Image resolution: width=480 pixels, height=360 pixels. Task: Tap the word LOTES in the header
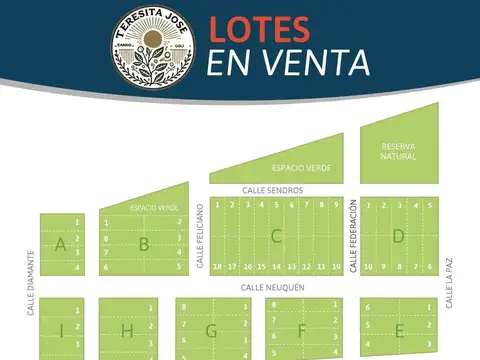[265, 30]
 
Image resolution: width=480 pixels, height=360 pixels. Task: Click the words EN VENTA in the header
[289, 62]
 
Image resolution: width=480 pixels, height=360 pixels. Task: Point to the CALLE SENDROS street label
[272, 189]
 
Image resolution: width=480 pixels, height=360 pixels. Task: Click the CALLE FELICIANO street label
[200, 236]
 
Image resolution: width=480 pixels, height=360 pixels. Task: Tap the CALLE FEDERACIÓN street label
[353, 236]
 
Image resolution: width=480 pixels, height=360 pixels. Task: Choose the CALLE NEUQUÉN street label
[272, 286]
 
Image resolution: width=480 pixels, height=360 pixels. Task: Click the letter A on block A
[61, 244]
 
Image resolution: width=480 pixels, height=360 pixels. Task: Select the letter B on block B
[144, 243]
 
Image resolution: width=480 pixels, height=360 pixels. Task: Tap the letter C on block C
[276, 236]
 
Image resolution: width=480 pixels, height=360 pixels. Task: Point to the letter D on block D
[397, 236]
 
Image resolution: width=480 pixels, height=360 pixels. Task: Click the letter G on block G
[211, 330]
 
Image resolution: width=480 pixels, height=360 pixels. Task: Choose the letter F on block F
[301, 330]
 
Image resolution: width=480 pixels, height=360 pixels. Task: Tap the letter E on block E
[399, 330]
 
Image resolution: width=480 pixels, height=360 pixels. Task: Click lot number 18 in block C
[218, 267]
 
